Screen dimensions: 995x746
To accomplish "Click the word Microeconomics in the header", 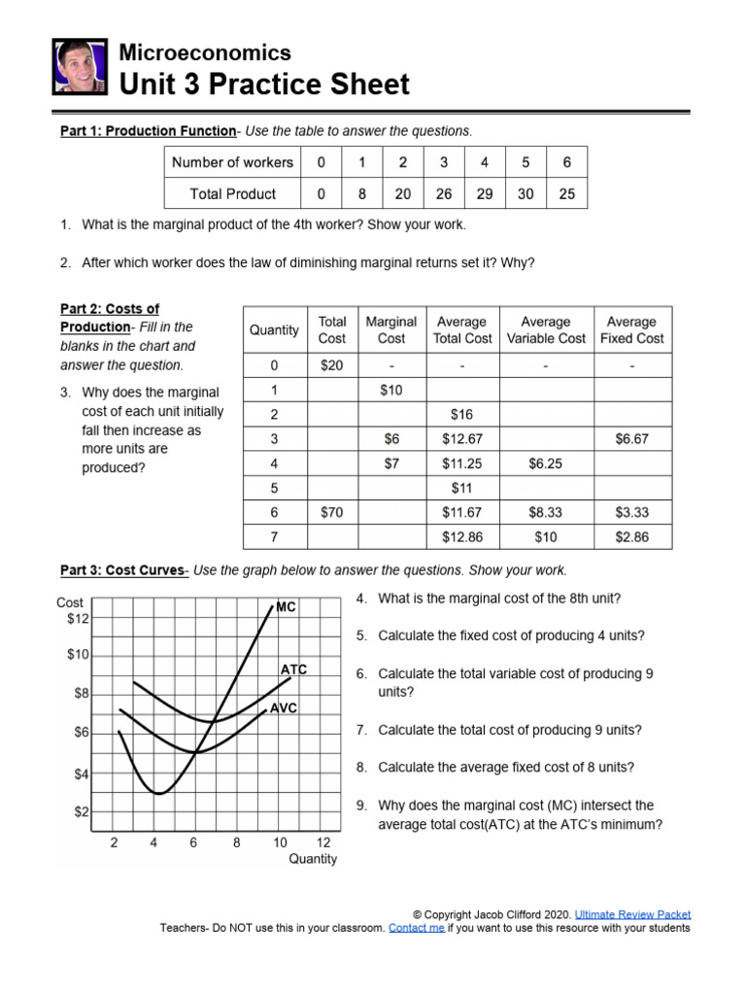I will coord(204,52).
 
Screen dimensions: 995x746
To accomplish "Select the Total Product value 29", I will coord(485,193).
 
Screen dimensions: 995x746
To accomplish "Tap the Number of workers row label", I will coord(232,162).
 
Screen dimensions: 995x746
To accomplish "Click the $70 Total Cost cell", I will coord(332,512).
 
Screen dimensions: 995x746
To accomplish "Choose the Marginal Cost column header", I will coord(390,329).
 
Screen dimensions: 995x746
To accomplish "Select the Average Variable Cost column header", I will coord(546,329).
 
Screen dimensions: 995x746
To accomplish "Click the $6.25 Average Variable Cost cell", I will coord(546,463).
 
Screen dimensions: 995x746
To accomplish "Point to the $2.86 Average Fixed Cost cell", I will coord(631,536).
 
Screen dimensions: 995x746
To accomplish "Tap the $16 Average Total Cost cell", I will coord(461,415).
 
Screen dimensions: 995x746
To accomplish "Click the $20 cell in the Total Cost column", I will coord(332,366).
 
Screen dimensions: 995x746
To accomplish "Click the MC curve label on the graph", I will coord(286,606).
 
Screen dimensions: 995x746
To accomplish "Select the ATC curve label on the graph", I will coord(293,669).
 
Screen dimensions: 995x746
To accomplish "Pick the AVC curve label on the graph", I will coord(283,708).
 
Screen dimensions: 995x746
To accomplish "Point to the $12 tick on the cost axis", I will coord(78,618).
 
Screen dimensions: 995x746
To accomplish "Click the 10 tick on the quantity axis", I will coord(280,842).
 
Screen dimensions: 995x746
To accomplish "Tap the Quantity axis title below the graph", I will coord(313,859).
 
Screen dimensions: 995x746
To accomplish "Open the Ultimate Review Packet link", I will coord(632,914).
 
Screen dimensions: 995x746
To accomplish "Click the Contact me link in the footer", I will coord(416,928).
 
